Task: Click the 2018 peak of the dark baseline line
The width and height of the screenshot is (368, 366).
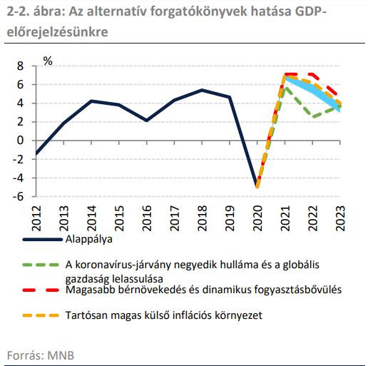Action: tap(202, 90)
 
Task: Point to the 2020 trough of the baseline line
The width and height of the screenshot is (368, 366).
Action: tap(257, 186)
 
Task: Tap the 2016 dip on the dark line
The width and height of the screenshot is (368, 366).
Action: tap(147, 121)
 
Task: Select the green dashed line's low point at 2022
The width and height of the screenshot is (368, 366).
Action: tap(313, 116)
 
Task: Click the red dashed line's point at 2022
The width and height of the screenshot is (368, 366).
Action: tap(312, 74)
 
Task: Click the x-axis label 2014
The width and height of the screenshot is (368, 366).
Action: tap(91, 218)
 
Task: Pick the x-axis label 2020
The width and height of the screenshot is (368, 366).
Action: tap(257, 218)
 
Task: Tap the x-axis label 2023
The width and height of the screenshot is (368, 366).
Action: tap(340, 218)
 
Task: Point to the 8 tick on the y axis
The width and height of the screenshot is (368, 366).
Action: tap(20, 66)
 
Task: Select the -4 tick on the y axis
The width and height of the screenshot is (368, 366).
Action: tap(18, 178)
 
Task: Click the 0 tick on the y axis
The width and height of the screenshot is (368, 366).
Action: tap(20, 141)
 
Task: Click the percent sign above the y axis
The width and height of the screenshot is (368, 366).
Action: tap(48, 61)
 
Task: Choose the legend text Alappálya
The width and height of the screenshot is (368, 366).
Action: tap(89, 239)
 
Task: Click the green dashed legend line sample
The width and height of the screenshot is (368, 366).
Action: tap(41, 265)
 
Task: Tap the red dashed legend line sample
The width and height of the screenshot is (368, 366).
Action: tap(41, 290)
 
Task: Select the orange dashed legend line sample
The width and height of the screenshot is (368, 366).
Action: tap(41, 315)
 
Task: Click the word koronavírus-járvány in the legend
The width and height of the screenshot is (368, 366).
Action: tap(123, 265)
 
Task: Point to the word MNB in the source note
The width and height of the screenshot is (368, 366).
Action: tap(61, 355)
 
